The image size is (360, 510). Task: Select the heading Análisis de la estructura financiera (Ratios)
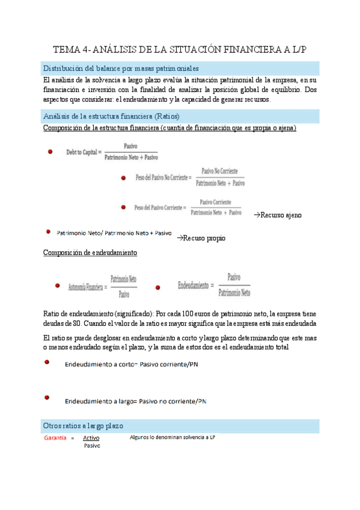coord(112,115)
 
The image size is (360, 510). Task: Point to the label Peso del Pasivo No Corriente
coord(163,178)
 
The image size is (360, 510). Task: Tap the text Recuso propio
coord(201,238)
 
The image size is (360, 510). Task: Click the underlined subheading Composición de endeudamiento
coord(90,253)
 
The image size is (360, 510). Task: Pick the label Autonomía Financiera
coord(87,286)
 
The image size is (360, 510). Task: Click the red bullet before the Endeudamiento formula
coord(157,287)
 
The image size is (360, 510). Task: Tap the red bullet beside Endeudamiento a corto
coord(46,363)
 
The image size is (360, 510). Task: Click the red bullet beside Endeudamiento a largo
coord(46,398)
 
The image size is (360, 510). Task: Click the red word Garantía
coord(55,438)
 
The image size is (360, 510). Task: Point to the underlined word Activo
coord(91,438)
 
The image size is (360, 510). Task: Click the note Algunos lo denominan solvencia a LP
coord(172,437)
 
